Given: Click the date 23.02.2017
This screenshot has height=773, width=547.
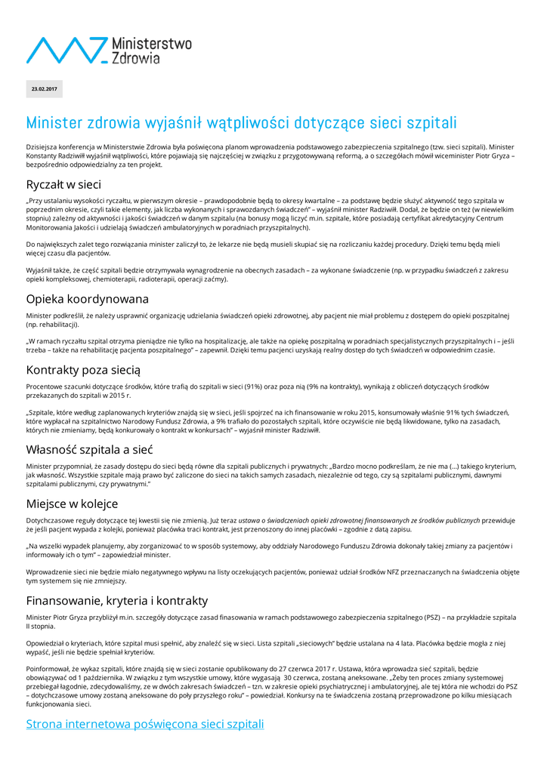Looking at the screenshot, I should coord(44,89).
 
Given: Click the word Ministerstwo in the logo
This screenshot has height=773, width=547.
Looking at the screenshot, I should coord(151,44).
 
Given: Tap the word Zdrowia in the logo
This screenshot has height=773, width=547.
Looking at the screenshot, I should coord(136,57).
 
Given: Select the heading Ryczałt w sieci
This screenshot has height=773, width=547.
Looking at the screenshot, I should coord(63,184).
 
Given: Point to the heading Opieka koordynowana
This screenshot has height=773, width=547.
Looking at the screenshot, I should coord(88,299).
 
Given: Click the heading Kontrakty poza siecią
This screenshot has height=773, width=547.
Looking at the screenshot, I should coord(83,370).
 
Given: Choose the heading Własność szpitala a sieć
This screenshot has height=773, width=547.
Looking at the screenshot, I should coord(90,449).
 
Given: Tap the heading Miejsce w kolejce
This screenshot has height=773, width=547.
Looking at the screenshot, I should coord(72,504).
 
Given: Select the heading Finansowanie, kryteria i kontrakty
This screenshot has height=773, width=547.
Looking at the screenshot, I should coord(116,601).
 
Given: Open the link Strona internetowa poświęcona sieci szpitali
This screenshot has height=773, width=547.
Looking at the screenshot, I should coord(145,724).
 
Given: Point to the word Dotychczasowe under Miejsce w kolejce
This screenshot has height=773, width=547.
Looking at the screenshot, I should coord(51,520).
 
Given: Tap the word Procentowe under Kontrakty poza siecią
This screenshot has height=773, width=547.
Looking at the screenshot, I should coord(45,386).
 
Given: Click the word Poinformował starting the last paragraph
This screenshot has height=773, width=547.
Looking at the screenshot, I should coord(49,669).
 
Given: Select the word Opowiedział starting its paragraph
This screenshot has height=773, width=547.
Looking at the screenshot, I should coord(48,644).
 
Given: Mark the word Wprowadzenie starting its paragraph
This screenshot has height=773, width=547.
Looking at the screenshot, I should coord(51,572).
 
